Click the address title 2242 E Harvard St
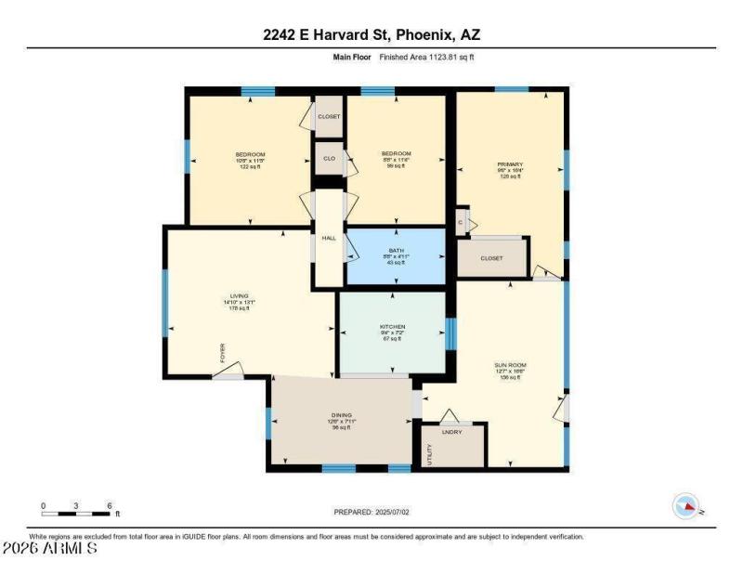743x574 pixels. pyautogui.click(x=371, y=36)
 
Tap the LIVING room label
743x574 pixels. pyautogui.click(x=239, y=296)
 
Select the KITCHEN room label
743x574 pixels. pyautogui.click(x=392, y=326)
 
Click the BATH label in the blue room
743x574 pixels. pyautogui.click(x=396, y=250)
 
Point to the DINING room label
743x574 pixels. pyautogui.click(x=341, y=415)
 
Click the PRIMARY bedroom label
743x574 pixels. pyautogui.click(x=511, y=164)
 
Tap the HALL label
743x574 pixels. pyautogui.click(x=328, y=239)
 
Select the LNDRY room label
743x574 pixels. pyautogui.click(x=452, y=432)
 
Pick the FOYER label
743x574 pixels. pyautogui.click(x=222, y=353)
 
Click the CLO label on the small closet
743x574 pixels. pyautogui.click(x=329, y=159)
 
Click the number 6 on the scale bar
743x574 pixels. pyautogui.click(x=110, y=506)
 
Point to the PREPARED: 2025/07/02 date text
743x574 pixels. pyautogui.click(x=371, y=512)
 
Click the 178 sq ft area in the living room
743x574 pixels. pyautogui.click(x=239, y=309)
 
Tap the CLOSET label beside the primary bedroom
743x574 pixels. pyautogui.click(x=491, y=259)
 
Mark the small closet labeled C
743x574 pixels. pyautogui.click(x=461, y=223)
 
